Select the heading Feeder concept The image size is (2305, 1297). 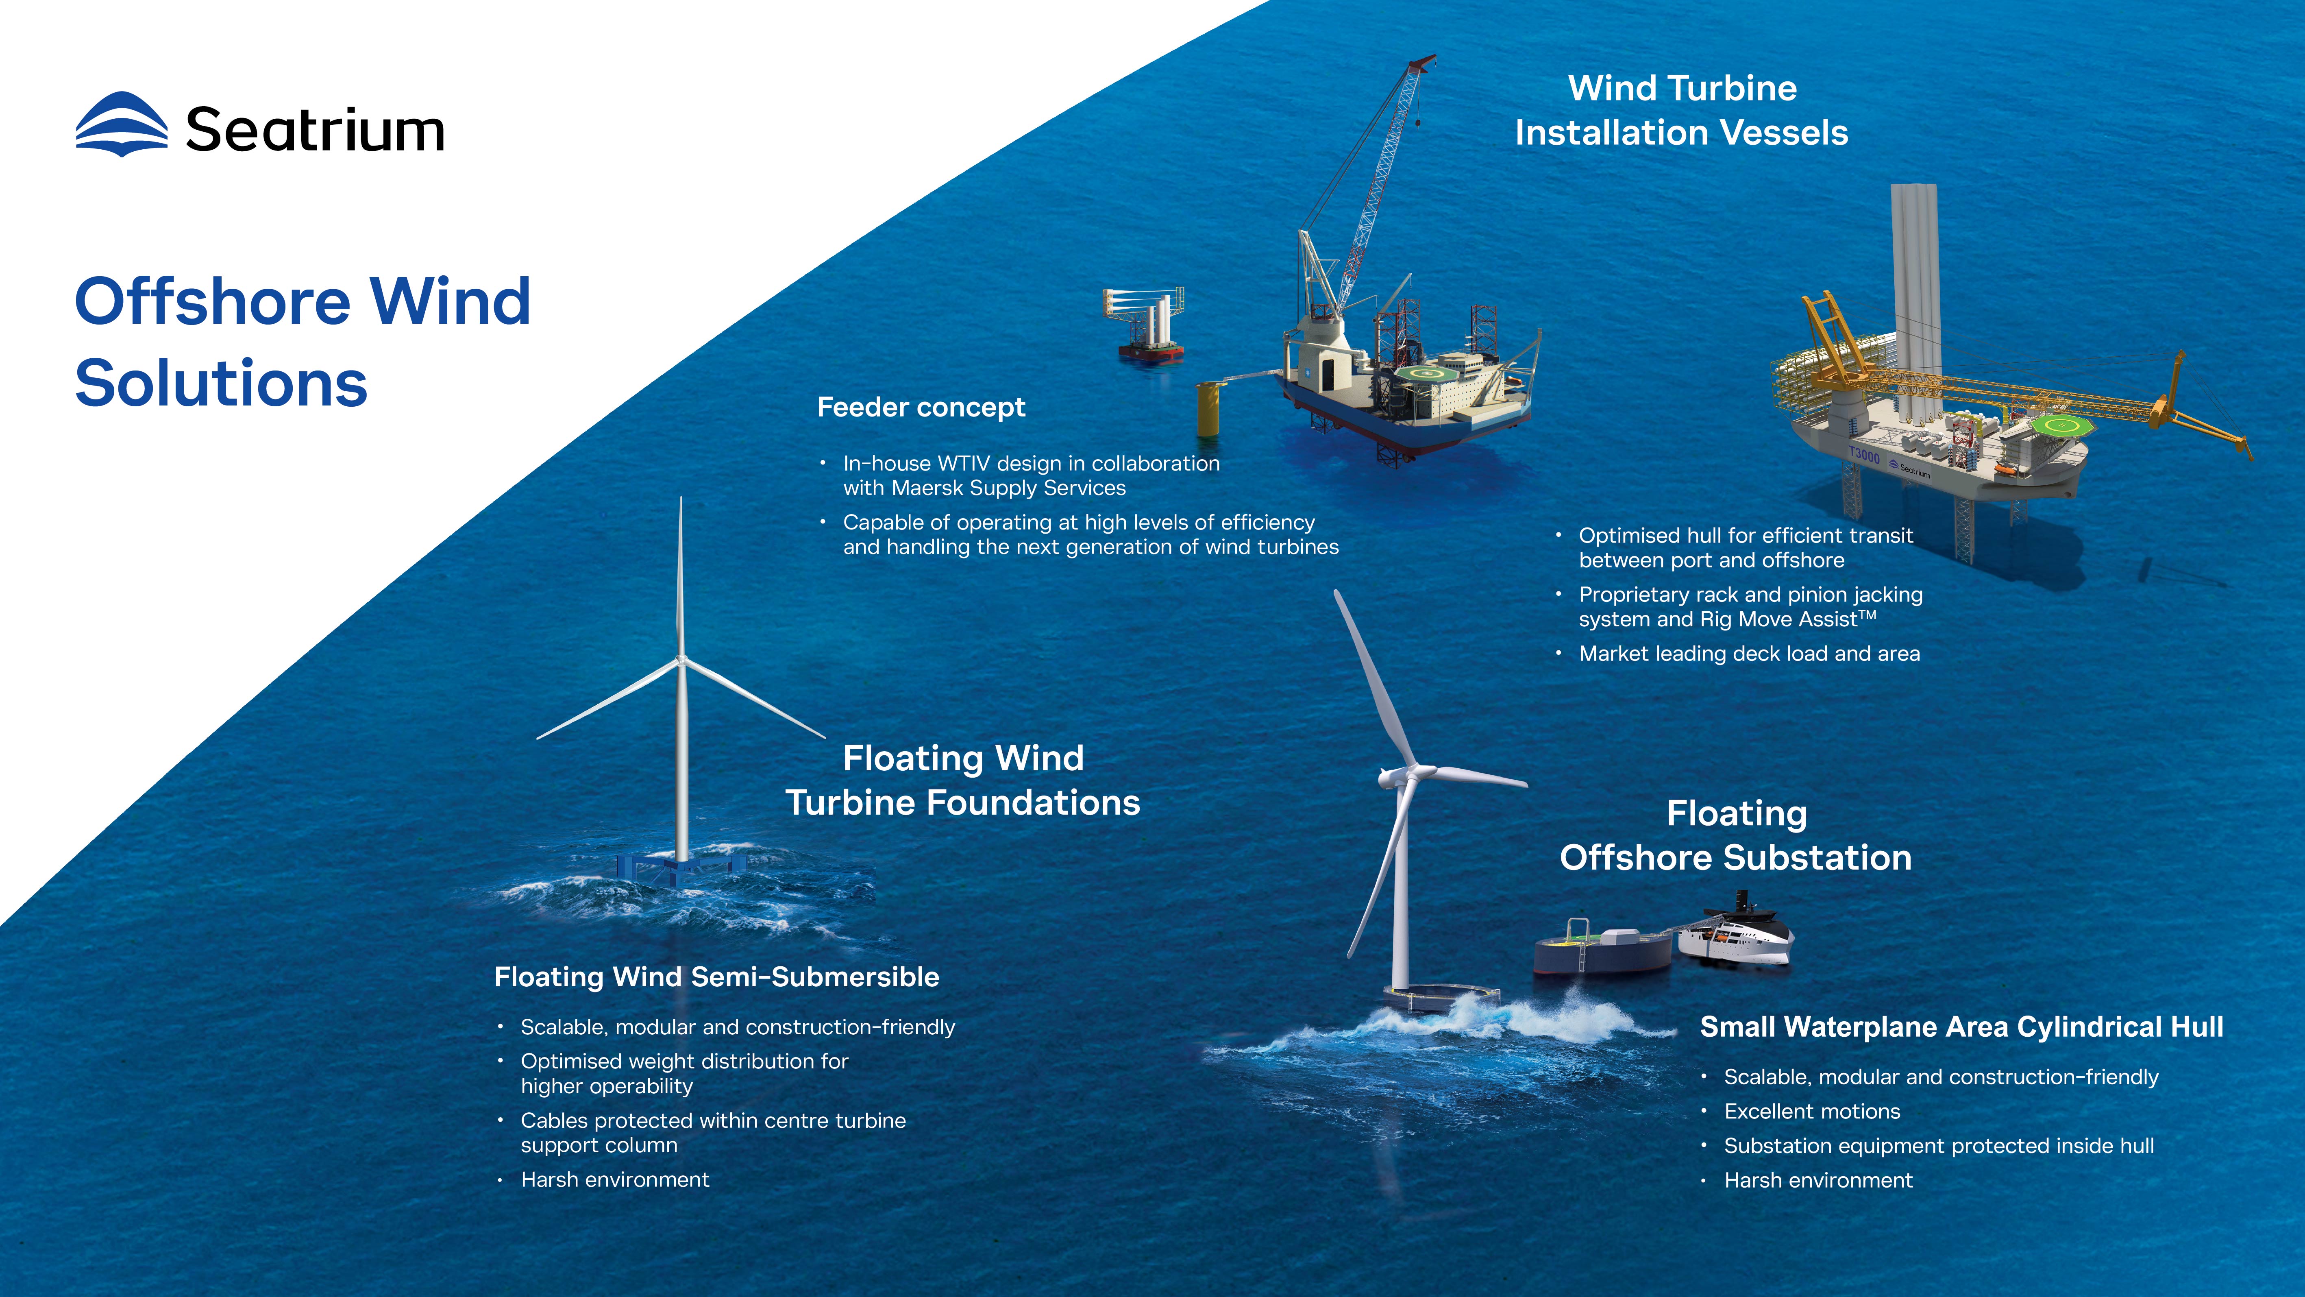pyautogui.click(x=921, y=407)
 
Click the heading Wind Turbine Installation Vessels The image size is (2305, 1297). pyautogui.click(x=1681, y=110)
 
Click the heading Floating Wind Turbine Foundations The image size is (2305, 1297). pyautogui.click(x=963, y=780)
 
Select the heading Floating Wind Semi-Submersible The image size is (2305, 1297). pyautogui.click(x=717, y=977)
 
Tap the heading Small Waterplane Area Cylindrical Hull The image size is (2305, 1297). pyautogui.click(x=1961, y=1027)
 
